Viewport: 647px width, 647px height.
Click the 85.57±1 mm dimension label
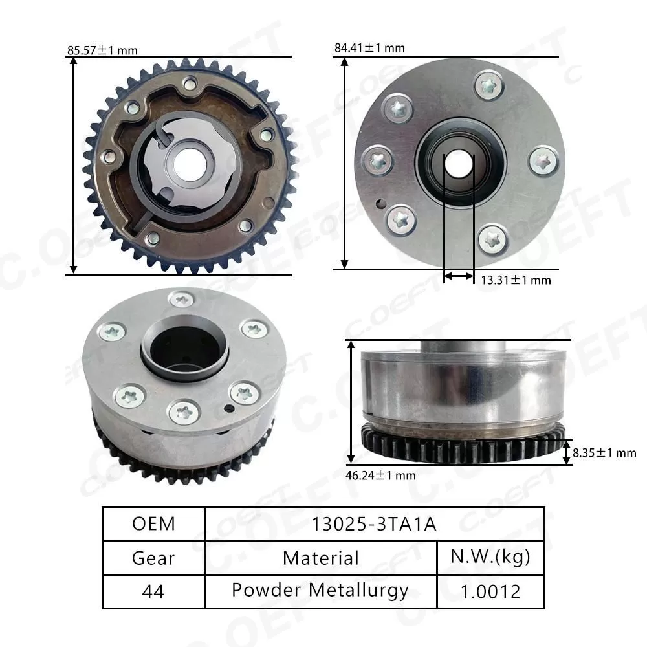102,50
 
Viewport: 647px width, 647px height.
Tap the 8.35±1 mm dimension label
605,453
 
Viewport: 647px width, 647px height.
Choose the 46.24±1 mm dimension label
380,476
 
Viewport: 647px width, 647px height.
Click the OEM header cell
153,523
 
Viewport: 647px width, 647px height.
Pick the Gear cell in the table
153,557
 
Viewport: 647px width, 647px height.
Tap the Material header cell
321,557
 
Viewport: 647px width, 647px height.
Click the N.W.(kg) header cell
490,557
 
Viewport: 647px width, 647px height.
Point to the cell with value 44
153,591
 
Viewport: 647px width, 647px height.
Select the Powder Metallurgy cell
321,591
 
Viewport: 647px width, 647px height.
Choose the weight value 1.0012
490,591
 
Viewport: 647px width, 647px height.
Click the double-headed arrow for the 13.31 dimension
459,276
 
